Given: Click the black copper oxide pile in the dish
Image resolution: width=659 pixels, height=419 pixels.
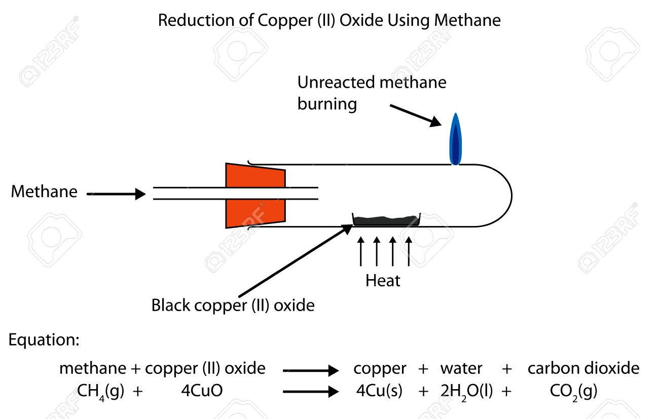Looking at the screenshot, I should (386, 220).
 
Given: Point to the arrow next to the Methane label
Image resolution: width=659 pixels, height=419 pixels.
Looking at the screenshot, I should (117, 194).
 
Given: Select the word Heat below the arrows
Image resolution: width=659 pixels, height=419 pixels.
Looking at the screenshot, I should (383, 281).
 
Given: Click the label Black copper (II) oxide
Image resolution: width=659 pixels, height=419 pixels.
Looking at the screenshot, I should (233, 306).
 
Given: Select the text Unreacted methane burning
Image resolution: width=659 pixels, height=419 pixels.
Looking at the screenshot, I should (372, 93).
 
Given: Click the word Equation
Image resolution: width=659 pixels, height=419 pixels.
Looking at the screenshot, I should (44, 340).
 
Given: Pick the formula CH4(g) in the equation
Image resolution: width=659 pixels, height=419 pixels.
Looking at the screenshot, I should (100, 391).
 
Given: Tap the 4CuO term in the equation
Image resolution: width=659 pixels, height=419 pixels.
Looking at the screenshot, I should (202, 391).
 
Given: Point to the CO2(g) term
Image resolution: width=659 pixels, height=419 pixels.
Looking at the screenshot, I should (574, 391).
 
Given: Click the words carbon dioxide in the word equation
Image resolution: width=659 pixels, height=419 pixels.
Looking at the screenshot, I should (583, 368).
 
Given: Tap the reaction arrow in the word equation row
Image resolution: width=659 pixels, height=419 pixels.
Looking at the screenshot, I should (310, 370).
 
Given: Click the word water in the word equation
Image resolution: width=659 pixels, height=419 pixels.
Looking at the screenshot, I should (461, 368).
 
